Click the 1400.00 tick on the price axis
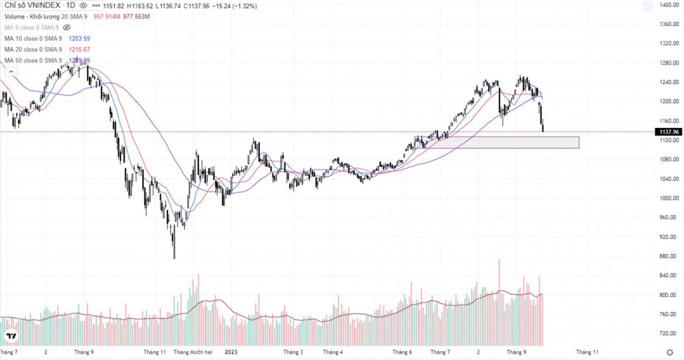click(x=669, y=5)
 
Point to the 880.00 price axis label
click(x=669, y=256)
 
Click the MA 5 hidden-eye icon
click(x=67, y=27)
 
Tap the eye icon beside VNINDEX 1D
click(x=83, y=5)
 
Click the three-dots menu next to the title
click(x=94, y=5)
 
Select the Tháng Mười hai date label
click(x=194, y=352)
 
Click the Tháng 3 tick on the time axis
click(x=293, y=352)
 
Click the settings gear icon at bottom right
click(x=670, y=352)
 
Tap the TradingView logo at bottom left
click(x=11, y=337)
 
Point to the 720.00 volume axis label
click(x=669, y=333)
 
